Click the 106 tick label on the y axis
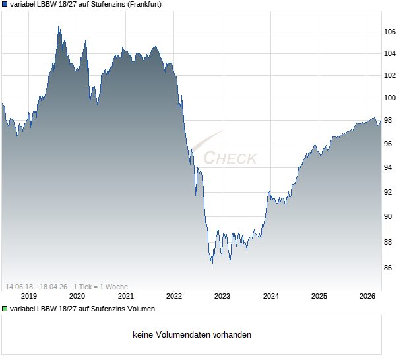pyautogui.click(x=390, y=32)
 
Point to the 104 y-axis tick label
pyautogui.click(x=390, y=53)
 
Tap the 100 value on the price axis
pyautogui.click(x=390, y=98)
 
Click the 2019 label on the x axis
pyautogui.click(x=28, y=296)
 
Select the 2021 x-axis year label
pyautogui.click(x=125, y=296)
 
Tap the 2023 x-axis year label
pyautogui.click(x=222, y=296)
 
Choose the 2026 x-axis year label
pyautogui.click(x=368, y=296)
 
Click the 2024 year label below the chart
pyautogui.click(x=271, y=296)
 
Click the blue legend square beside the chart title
pyautogui.click(x=5, y=4)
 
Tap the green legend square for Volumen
pyautogui.click(x=5, y=309)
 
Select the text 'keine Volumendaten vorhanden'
pyautogui.click(x=192, y=335)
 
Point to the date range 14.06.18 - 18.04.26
pyautogui.click(x=36, y=287)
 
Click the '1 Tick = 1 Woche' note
pyautogui.click(x=100, y=287)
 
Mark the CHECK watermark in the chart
pyautogui.click(x=230, y=158)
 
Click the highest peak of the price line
pyautogui.click(x=58, y=26)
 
